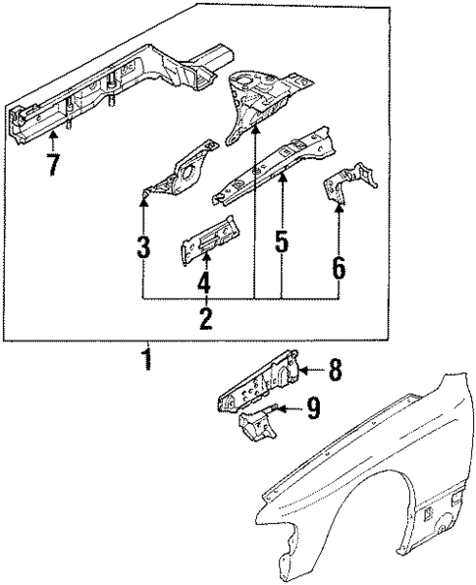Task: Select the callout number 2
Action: [x=205, y=317]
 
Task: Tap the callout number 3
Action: [x=143, y=245]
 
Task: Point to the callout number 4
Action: [x=205, y=284]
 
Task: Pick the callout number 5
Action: [x=282, y=241]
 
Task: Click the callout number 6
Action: [x=340, y=265]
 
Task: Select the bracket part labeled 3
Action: [x=182, y=173]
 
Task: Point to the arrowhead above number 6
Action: [x=340, y=207]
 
